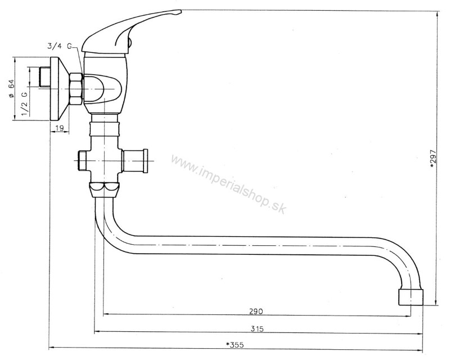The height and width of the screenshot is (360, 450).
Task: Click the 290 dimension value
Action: (x=256, y=311)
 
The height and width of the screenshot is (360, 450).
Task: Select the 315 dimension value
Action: (x=256, y=328)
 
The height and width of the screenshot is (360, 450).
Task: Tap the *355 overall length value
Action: (x=235, y=345)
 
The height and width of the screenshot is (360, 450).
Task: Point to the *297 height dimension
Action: (x=433, y=160)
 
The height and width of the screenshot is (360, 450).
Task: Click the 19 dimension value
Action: (x=59, y=128)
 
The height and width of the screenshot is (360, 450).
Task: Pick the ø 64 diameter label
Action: (x=11, y=88)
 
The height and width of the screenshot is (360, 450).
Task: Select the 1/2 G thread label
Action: (x=25, y=103)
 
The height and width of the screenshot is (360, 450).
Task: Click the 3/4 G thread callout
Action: (x=60, y=46)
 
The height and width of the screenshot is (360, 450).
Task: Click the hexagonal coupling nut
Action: (x=76, y=89)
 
